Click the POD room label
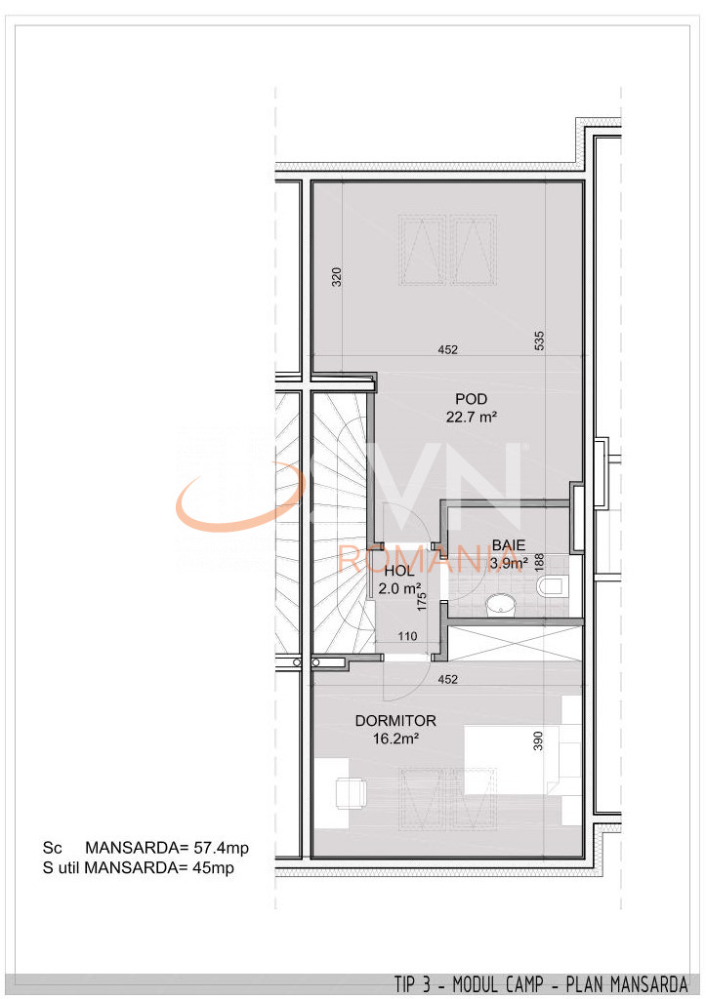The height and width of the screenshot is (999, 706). pos(471,398)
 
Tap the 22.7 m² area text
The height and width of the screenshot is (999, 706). pos(471,416)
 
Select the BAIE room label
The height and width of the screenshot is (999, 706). pos(508,544)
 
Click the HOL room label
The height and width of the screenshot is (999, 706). pos(398,571)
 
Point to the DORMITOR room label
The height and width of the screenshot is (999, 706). pos(395,721)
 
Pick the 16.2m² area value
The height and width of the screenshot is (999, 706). pos(395,739)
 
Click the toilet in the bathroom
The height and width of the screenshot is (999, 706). pos(552,587)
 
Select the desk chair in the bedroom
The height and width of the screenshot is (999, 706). pos(349,793)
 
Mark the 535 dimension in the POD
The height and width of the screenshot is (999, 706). pos(540,340)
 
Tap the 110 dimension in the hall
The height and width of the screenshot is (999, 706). pos(407,637)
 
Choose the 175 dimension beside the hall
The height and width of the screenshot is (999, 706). pos(423,599)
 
